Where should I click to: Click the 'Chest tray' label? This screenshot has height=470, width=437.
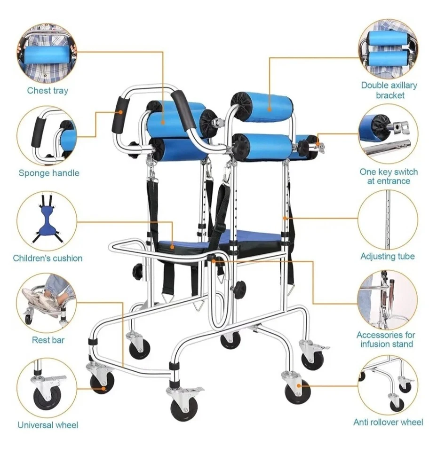[48, 91]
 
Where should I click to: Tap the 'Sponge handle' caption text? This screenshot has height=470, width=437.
[49, 173]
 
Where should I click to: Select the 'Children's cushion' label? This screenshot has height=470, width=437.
[48, 258]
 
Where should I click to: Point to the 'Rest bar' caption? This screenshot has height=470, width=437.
[48, 340]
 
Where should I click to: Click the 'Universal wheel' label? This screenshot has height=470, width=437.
[48, 425]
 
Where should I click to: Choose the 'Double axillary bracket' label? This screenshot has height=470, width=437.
[389, 90]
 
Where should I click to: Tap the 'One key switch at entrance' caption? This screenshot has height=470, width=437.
[389, 177]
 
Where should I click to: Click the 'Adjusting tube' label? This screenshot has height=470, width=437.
[388, 256]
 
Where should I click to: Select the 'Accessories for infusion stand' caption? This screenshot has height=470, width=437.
[386, 339]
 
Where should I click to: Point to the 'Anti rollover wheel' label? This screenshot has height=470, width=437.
[388, 422]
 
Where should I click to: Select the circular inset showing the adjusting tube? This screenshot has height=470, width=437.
[388, 219]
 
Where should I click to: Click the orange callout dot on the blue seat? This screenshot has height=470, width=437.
[172, 247]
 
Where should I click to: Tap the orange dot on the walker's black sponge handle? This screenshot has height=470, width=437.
[120, 112]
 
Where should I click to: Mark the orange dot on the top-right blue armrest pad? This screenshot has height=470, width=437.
[270, 110]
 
